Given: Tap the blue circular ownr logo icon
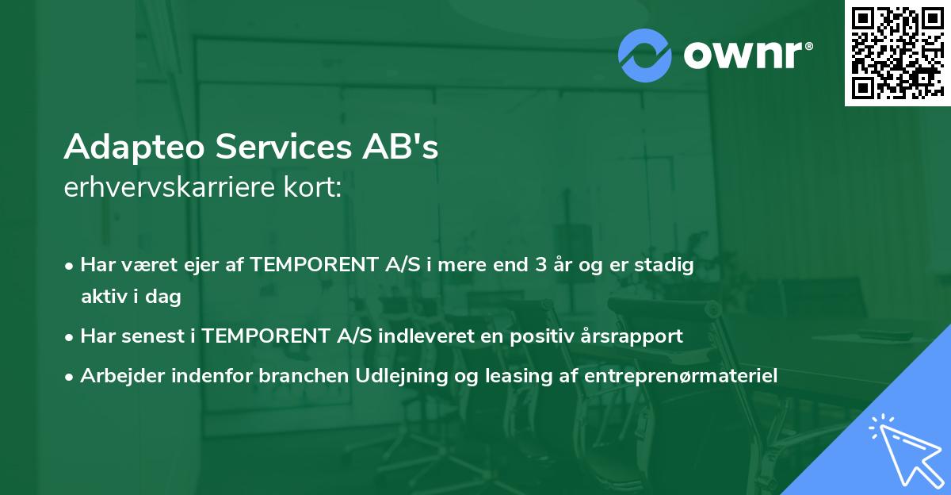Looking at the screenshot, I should [x=644, y=56].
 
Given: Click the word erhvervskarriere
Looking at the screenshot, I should [x=166, y=188].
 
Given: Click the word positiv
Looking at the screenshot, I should [x=550, y=336].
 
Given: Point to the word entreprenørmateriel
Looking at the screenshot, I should [x=680, y=375].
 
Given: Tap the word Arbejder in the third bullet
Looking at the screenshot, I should [x=116, y=375].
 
